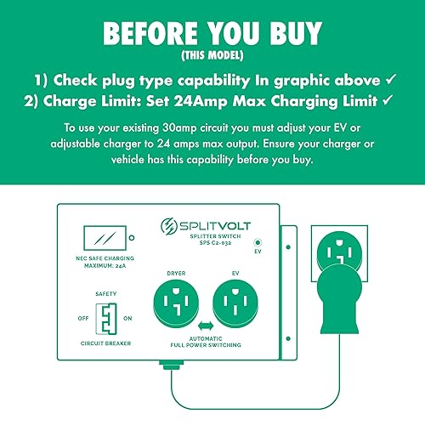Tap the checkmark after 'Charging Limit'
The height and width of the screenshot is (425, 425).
coord(390,101)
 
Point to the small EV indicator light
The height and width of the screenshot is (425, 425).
coord(258,242)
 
